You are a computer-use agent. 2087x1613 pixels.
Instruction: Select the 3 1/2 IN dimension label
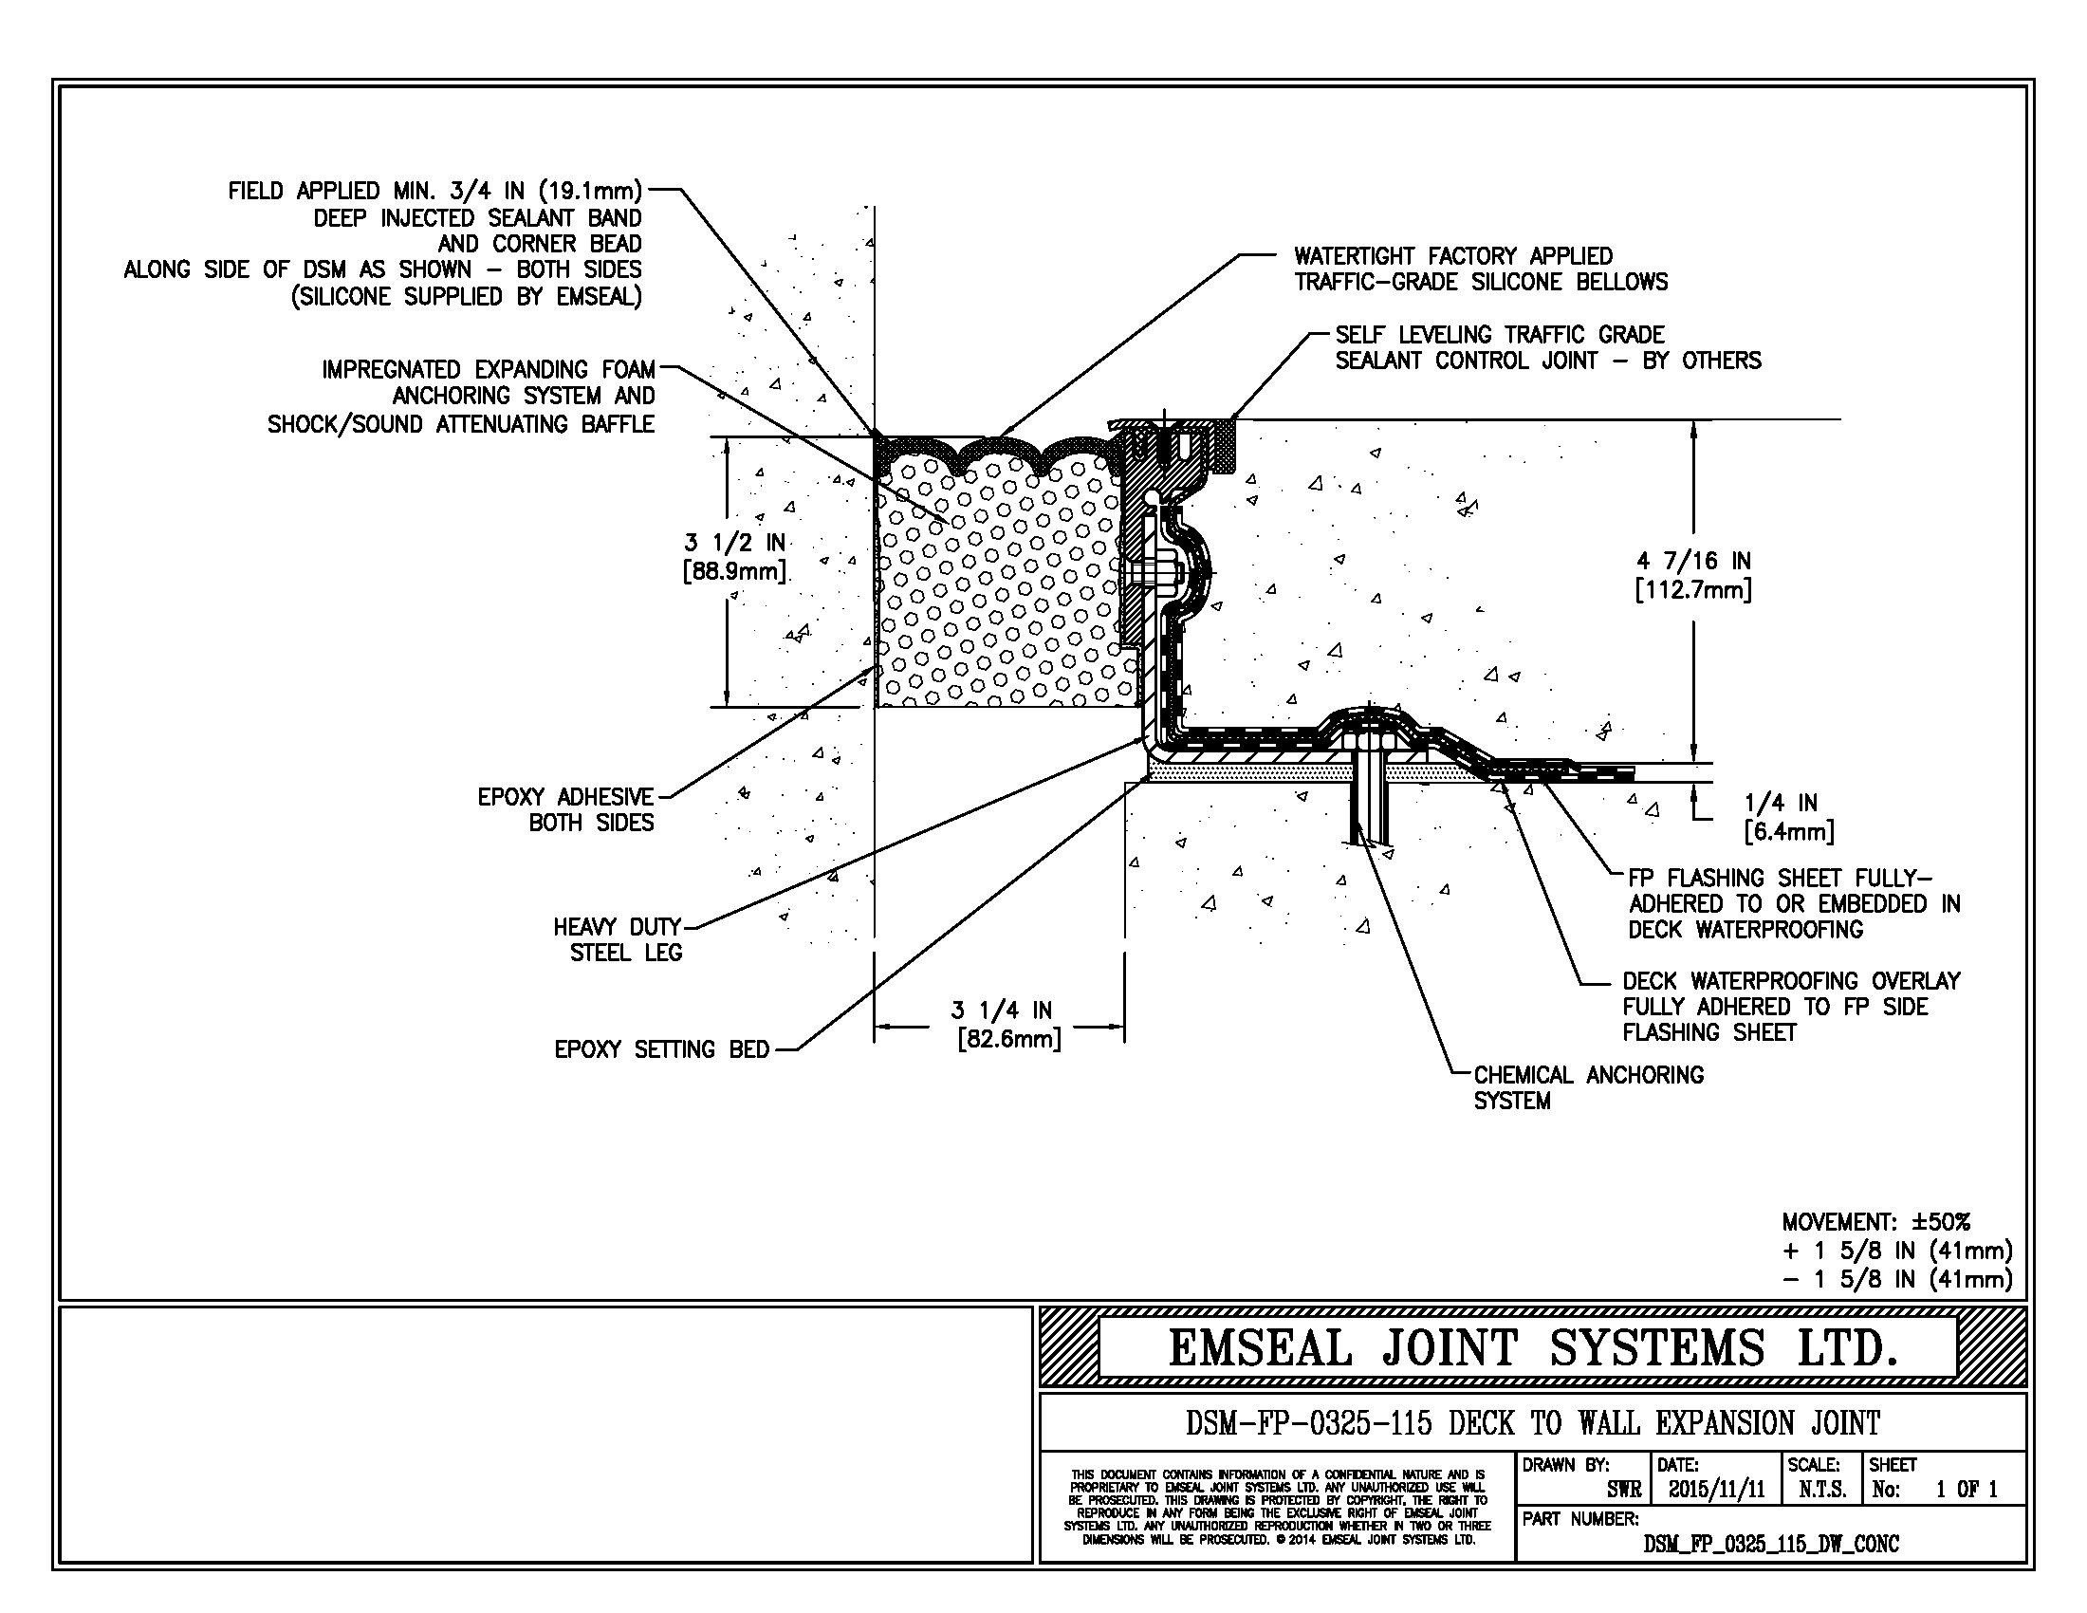pos(734,557)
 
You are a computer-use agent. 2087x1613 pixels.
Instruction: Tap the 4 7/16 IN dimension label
pos(1692,575)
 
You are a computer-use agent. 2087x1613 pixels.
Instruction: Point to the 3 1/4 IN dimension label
pos(1003,1024)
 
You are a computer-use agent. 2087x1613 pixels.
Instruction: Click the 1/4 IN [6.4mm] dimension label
pos(1788,817)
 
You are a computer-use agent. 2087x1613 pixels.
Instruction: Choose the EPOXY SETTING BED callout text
pos(661,1049)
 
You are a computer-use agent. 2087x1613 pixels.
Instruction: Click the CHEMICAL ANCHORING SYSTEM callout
pos(1588,1087)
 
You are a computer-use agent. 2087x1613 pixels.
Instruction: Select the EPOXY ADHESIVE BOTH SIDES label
pos(565,809)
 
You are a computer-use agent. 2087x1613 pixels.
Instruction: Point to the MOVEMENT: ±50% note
pos(1875,1221)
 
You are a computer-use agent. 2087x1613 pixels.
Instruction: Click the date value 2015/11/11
pos(1716,1489)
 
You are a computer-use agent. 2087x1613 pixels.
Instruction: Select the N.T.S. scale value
pos(1821,1489)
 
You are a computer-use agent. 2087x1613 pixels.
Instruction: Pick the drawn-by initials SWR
pos(1623,1489)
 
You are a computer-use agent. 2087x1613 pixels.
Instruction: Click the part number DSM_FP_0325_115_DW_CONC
pos(1771,1543)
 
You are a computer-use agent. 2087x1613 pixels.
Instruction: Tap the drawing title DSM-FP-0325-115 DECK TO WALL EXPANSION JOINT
pos(1532,1423)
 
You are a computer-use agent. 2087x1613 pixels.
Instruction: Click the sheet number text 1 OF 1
pos(1967,1489)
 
